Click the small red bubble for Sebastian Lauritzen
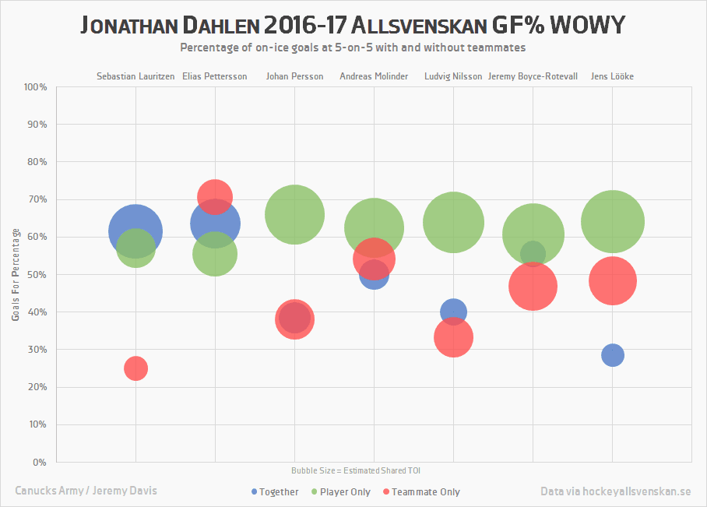click(135, 368)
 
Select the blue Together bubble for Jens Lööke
click(613, 355)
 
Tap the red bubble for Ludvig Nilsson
click(454, 337)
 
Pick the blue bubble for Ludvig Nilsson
click(453, 312)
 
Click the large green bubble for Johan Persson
click(294, 214)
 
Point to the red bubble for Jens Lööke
click(613, 280)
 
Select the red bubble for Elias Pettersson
click(215, 196)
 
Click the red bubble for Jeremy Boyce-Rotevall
click(533, 287)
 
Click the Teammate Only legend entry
click(420, 492)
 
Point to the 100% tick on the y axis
click(36, 87)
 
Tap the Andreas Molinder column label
click(374, 76)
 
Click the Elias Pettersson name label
click(214, 76)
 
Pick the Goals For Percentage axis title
click(16, 274)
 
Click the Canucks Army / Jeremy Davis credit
click(86, 491)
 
